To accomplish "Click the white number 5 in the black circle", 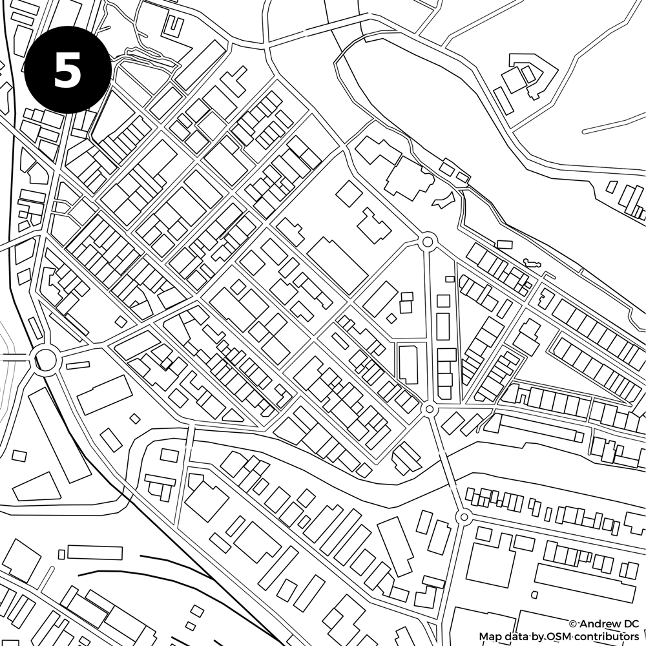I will [x=67, y=70].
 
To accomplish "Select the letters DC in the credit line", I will [x=630, y=624].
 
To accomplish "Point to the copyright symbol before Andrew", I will [x=573, y=624].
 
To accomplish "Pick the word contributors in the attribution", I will [x=604, y=637].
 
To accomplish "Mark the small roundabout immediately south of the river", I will [x=463, y=517].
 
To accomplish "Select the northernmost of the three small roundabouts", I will [x=426, y=242].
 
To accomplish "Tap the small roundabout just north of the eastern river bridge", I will [x=430, y=410].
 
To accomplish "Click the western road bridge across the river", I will [x=191, y=446].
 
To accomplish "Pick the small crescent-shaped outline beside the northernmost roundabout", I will [x=443, y=201].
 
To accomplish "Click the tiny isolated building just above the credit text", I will [x=534, y=594].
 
